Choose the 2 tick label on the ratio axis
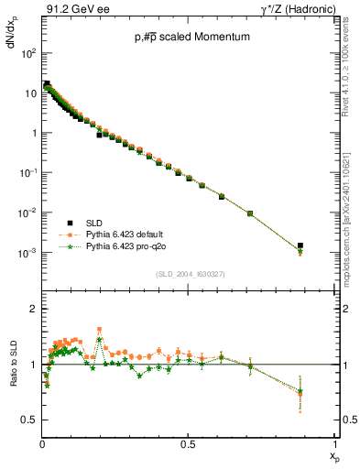(x=34, y=309)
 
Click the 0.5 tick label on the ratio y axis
(x=30, y=420)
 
